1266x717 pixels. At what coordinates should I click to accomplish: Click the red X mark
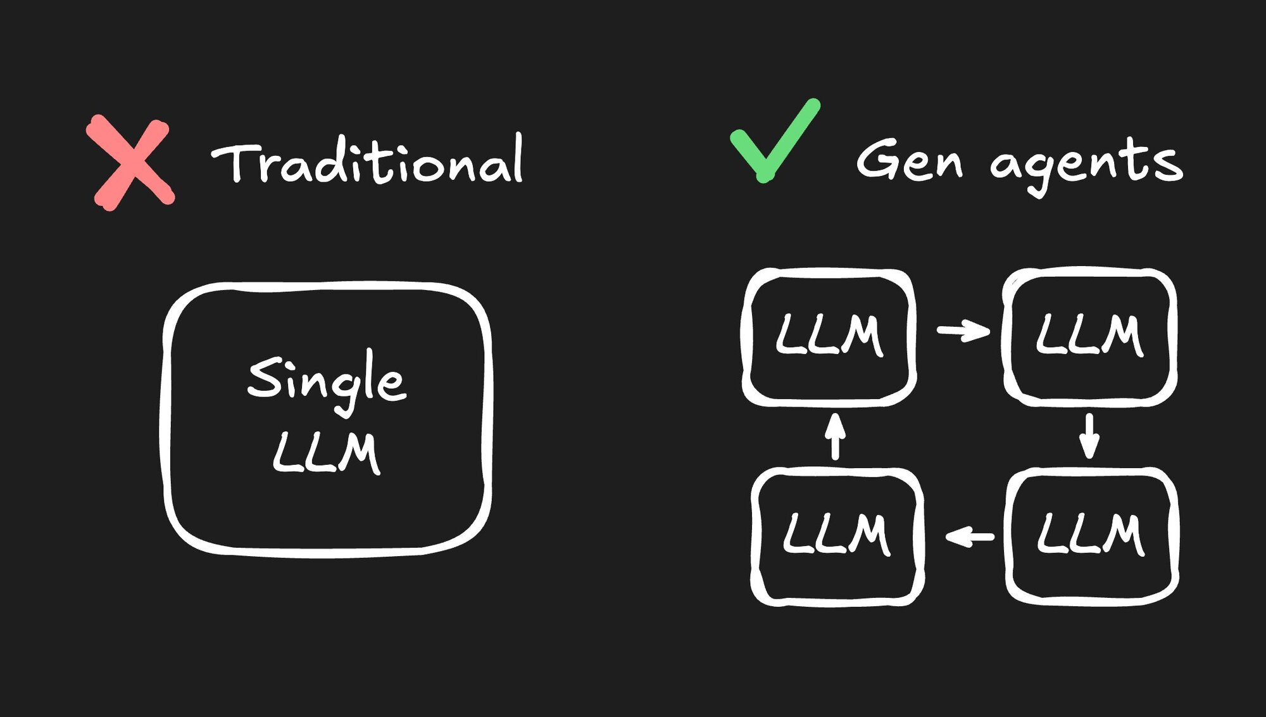tap(130, 162)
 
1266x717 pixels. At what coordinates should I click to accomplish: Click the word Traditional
tap(367, 160)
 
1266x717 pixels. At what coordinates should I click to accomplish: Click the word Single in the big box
tap(327, 381)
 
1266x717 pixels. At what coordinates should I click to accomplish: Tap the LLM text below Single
tap(327, 452)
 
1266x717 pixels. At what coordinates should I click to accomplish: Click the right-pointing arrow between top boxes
tap(963, 330)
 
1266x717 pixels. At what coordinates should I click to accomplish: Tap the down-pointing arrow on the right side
tap(1089, 436)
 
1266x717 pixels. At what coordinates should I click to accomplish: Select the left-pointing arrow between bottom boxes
tap(970, 537)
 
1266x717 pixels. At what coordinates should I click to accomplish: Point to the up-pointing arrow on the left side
tap(836, 436)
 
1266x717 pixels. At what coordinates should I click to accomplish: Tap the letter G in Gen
tap(877, 158)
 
